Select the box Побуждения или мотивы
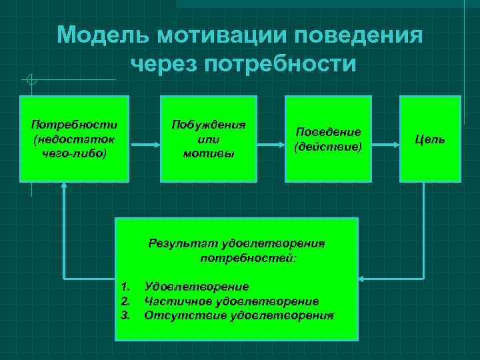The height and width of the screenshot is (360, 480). pos(208,139)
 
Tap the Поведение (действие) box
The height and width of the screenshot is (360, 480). pos(327,139)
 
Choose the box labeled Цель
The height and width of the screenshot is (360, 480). pos(430,139)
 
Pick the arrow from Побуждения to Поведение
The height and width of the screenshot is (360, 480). pos(271,143)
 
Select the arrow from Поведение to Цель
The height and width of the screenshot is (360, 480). pos(384,143)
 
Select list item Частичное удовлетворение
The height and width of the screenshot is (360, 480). pos(231,301)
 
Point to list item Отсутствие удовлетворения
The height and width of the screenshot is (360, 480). pos(239,315)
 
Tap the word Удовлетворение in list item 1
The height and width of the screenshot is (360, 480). pos(197,287)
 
